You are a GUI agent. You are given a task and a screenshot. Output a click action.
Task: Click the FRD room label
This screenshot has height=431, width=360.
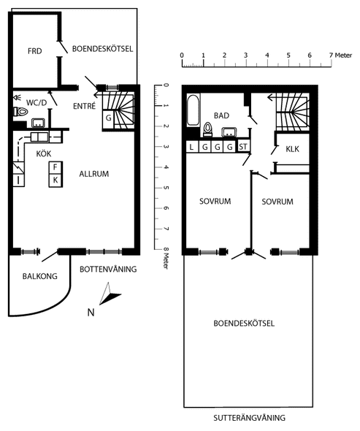34,51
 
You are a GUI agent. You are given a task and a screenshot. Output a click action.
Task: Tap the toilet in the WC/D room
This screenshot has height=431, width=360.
21,112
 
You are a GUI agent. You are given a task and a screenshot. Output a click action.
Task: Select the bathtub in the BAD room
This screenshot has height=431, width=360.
194,110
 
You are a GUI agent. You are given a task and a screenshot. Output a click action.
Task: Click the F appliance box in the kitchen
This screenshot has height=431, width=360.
55,167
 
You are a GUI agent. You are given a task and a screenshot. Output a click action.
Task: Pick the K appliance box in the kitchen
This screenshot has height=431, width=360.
55,180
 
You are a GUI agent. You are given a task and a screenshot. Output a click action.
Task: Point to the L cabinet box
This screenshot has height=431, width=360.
192,147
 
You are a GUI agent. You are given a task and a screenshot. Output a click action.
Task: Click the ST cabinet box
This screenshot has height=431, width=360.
243,147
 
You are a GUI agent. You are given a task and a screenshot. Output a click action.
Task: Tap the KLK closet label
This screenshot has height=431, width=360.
292,149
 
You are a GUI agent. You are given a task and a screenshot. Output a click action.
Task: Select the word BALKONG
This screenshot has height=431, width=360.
40,276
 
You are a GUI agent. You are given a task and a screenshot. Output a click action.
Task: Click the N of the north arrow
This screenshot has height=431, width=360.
91,313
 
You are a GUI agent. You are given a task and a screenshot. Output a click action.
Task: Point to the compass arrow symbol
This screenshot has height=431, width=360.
110,294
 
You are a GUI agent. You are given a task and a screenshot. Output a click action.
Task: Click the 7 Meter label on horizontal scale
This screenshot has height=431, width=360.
341,55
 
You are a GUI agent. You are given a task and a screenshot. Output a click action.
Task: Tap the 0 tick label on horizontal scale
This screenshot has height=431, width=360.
182,55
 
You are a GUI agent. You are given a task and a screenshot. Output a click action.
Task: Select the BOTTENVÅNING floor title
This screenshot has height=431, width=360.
108,269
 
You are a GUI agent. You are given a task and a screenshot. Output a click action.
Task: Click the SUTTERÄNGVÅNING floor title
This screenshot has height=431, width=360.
249,418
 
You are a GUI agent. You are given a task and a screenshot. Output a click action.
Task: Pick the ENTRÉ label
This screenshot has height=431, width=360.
85,106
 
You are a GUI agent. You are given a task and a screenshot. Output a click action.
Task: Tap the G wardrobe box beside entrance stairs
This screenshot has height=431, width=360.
109,118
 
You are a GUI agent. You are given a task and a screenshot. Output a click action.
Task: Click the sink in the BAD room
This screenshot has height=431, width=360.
229,132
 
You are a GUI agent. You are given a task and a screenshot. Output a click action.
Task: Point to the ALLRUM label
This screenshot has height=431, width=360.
94,174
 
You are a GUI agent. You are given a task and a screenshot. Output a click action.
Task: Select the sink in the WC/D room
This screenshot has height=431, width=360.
39,123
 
